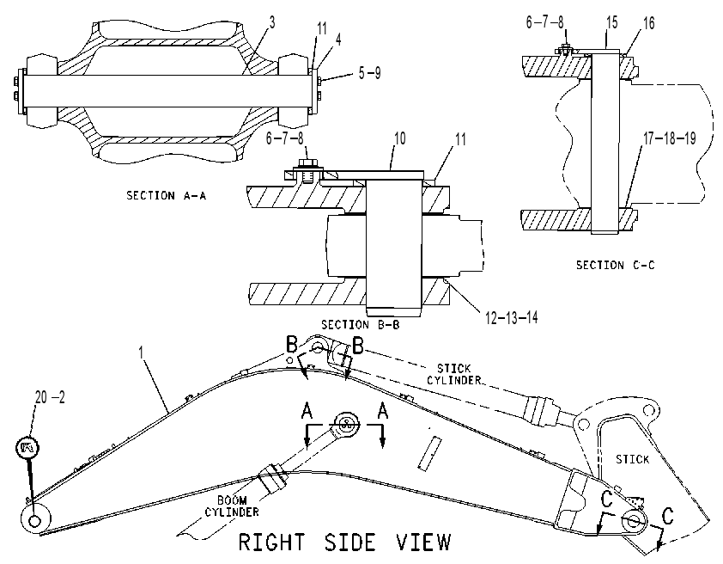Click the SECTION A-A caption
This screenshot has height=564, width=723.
[166, 196]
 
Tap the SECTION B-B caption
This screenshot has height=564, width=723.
[360, 324]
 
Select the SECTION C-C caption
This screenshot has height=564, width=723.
[615, 265]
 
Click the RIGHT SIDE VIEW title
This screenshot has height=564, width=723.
[345, 542]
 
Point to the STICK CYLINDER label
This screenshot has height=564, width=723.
[454, 374]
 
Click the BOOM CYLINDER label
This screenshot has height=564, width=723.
[232, 506]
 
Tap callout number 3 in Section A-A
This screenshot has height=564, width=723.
[272, 22]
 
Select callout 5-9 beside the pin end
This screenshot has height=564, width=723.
[370, 73]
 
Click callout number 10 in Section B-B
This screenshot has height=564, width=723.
[400, 138]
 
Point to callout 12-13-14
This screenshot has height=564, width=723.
[512, 317]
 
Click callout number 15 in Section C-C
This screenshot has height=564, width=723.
[611, 22]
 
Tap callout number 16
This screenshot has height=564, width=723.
[648, 23]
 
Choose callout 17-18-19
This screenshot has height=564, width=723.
[670, 138]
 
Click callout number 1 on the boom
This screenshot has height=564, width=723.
[142, 352]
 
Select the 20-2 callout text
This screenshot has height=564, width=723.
[51, 396]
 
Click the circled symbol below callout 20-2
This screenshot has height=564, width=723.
[27, 447]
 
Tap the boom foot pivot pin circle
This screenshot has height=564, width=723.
[34, 521]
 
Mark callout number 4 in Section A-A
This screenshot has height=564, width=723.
[338, 40]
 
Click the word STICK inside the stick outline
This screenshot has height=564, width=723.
[632, 459]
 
